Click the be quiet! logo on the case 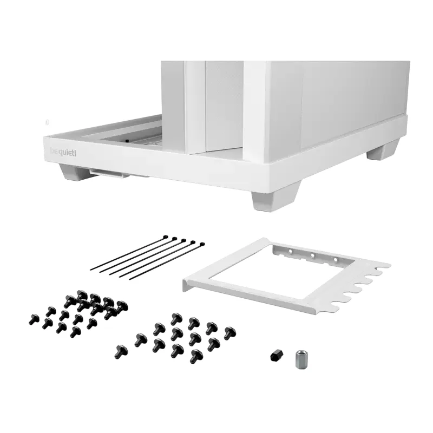point(63,152)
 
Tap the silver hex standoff point(300,359)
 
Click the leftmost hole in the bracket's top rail point(290,252)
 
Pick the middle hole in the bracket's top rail point(313,255)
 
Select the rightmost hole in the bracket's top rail point(336,260)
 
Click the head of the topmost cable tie point(166,237)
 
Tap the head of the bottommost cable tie point(202,245)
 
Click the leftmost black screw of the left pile point(34,319)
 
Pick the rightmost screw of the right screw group point(229,332)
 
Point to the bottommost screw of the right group point(196,356)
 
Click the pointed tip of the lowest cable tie point(129,279)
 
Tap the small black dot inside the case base point(127,141)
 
